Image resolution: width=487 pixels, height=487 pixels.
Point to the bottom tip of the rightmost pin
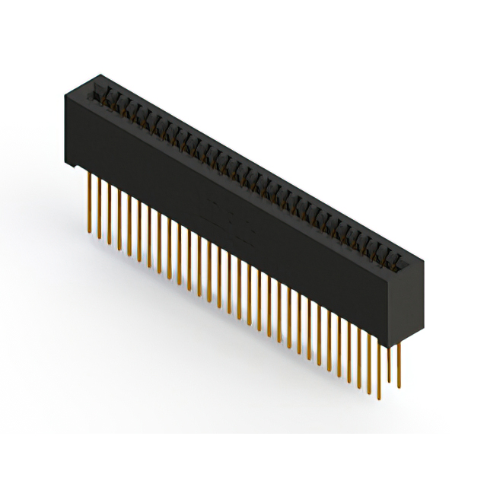[398, 387]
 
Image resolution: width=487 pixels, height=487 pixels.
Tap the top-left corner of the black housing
[64, 96]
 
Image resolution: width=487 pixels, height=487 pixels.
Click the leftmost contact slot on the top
[97, 95]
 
